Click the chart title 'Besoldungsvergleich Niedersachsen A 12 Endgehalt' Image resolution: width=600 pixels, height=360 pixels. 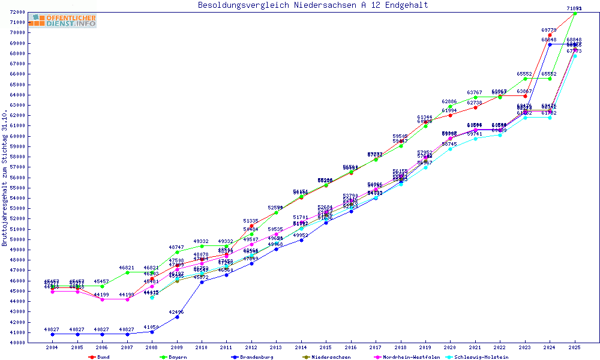313,5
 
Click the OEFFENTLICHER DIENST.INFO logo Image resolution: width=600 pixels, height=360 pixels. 62,21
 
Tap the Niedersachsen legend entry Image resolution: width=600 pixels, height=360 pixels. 327,357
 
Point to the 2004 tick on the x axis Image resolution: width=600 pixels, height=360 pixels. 53,347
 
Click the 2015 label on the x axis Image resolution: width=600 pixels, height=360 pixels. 326,347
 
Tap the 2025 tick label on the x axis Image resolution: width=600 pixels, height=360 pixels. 574,347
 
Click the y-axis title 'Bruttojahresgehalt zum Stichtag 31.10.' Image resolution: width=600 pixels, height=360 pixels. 5,178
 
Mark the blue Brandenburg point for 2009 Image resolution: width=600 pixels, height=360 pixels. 177,317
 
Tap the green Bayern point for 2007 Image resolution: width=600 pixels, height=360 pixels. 127,272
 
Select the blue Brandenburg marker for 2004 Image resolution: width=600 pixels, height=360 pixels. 53,334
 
